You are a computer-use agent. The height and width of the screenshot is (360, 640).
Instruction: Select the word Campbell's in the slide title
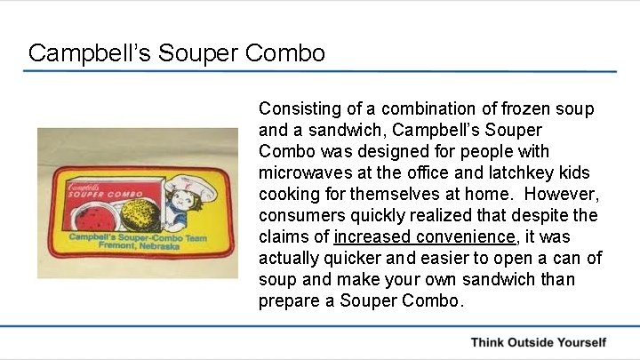point(92,52)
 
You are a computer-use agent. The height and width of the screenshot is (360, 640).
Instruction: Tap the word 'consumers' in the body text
point(298,216)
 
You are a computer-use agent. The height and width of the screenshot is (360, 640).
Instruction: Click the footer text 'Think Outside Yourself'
point(538,342)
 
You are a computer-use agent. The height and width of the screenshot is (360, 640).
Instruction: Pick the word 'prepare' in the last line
point(285,301)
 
